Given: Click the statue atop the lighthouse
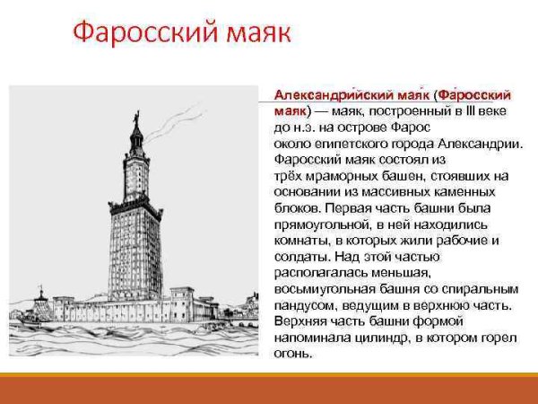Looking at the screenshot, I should point(136,118).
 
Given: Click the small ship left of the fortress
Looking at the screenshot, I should point(41,297).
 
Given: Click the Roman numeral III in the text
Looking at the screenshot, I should point(470,110).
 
